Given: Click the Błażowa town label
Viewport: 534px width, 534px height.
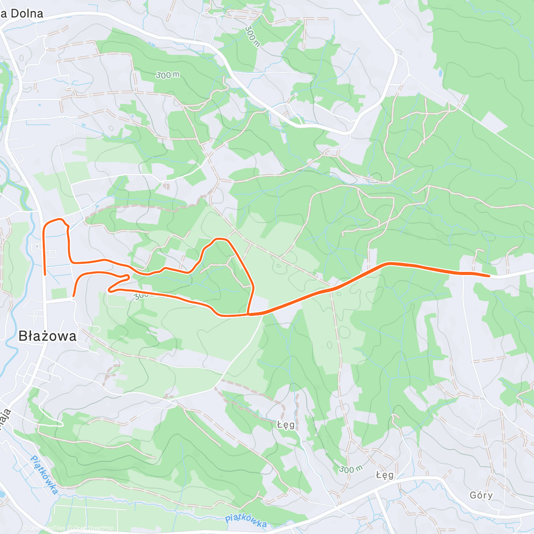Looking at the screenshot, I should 48,336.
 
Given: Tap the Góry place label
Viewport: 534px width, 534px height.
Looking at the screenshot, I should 481,495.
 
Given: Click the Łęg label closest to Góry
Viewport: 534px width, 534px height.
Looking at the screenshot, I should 384,475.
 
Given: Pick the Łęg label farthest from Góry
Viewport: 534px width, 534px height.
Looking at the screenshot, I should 286,425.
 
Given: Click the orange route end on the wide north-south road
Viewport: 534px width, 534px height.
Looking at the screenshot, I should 45,275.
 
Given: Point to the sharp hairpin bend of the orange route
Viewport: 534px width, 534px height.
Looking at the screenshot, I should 109,291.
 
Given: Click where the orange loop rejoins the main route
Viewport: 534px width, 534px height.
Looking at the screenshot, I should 248,315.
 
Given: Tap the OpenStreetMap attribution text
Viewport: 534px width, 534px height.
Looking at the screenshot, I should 93,528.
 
